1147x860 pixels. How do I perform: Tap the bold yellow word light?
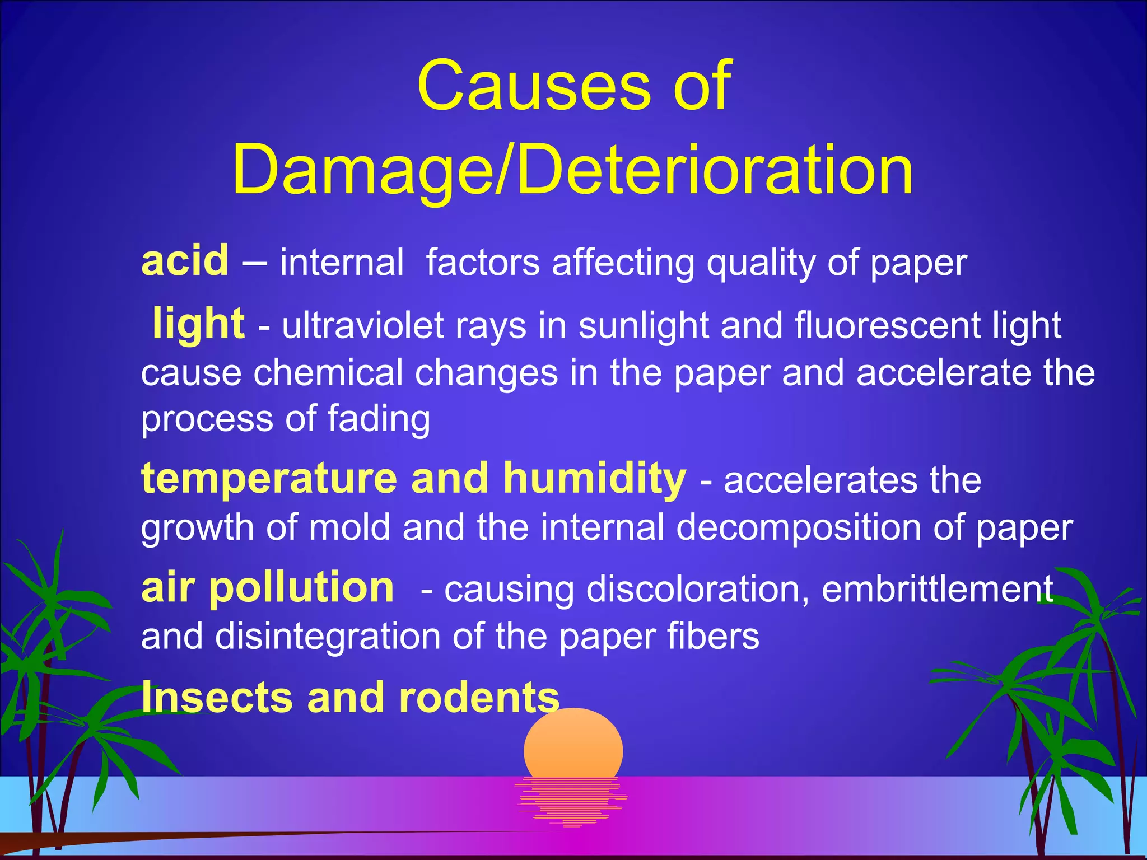[198, 324]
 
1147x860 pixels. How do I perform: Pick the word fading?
[379, 419]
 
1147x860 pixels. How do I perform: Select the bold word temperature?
[269, 479]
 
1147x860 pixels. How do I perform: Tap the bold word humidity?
[594, 479]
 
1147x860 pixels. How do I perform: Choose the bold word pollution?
[301, 588]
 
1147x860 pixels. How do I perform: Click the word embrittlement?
[937, 589]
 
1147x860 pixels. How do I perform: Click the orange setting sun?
[573, 745]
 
